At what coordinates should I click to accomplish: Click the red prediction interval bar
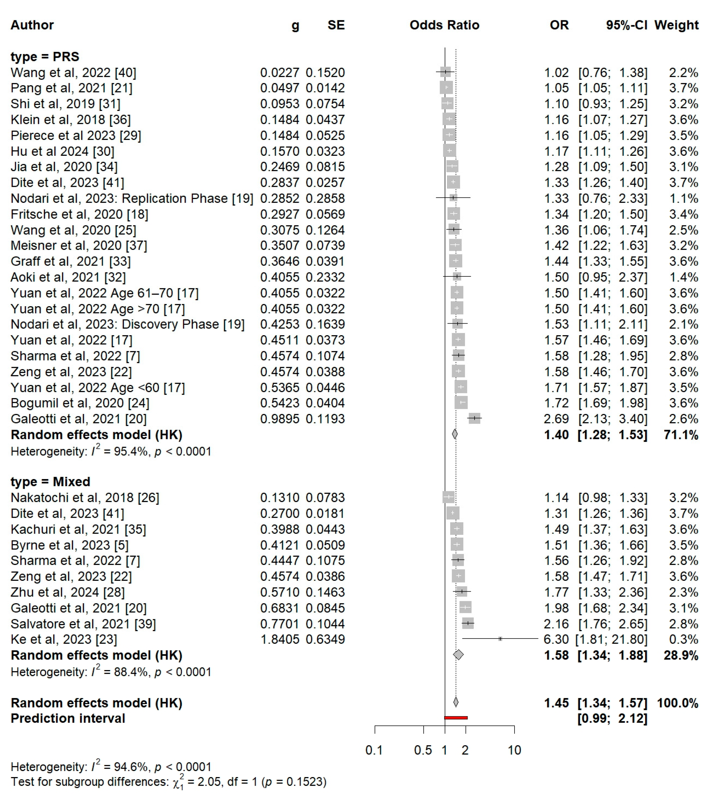(456, 718)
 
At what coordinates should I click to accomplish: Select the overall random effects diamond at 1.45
(456, 702)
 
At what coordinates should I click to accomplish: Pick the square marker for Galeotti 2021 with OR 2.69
(475, 418)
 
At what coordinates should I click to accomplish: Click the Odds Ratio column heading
(444, 25)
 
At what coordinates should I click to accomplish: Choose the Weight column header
(676, 25)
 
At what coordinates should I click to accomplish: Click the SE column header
(336, 25)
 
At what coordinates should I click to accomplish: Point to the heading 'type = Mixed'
(50, 482)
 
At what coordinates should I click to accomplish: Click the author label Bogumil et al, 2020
(80, 403)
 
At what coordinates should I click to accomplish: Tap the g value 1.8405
(280, 639)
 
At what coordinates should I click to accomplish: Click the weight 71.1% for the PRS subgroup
(681, 435)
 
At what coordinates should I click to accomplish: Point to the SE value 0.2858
(325, 198)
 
